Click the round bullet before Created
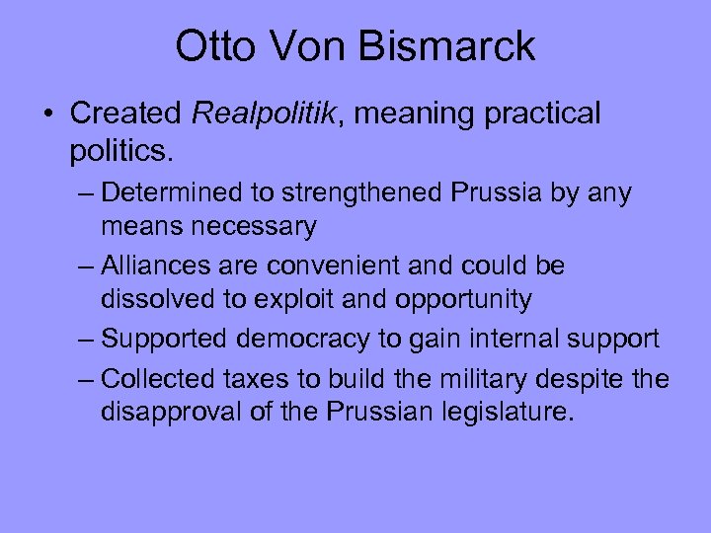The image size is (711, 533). tap(49, 114)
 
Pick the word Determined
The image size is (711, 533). tap(167, 193)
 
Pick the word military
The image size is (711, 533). tap(487, 379)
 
